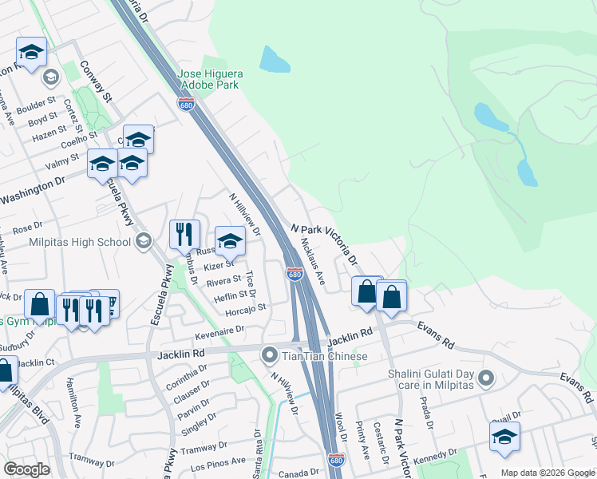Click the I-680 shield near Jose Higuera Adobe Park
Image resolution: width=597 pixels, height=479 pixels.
(185, 105)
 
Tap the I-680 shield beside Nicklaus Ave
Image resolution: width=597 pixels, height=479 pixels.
(295, 275)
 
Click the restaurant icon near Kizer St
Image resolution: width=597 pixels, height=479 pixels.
(184, 234)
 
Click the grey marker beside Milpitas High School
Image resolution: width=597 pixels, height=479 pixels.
(144, 241)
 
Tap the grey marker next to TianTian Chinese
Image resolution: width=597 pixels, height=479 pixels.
(270, 354)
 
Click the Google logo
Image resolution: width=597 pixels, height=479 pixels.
(27, 469)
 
